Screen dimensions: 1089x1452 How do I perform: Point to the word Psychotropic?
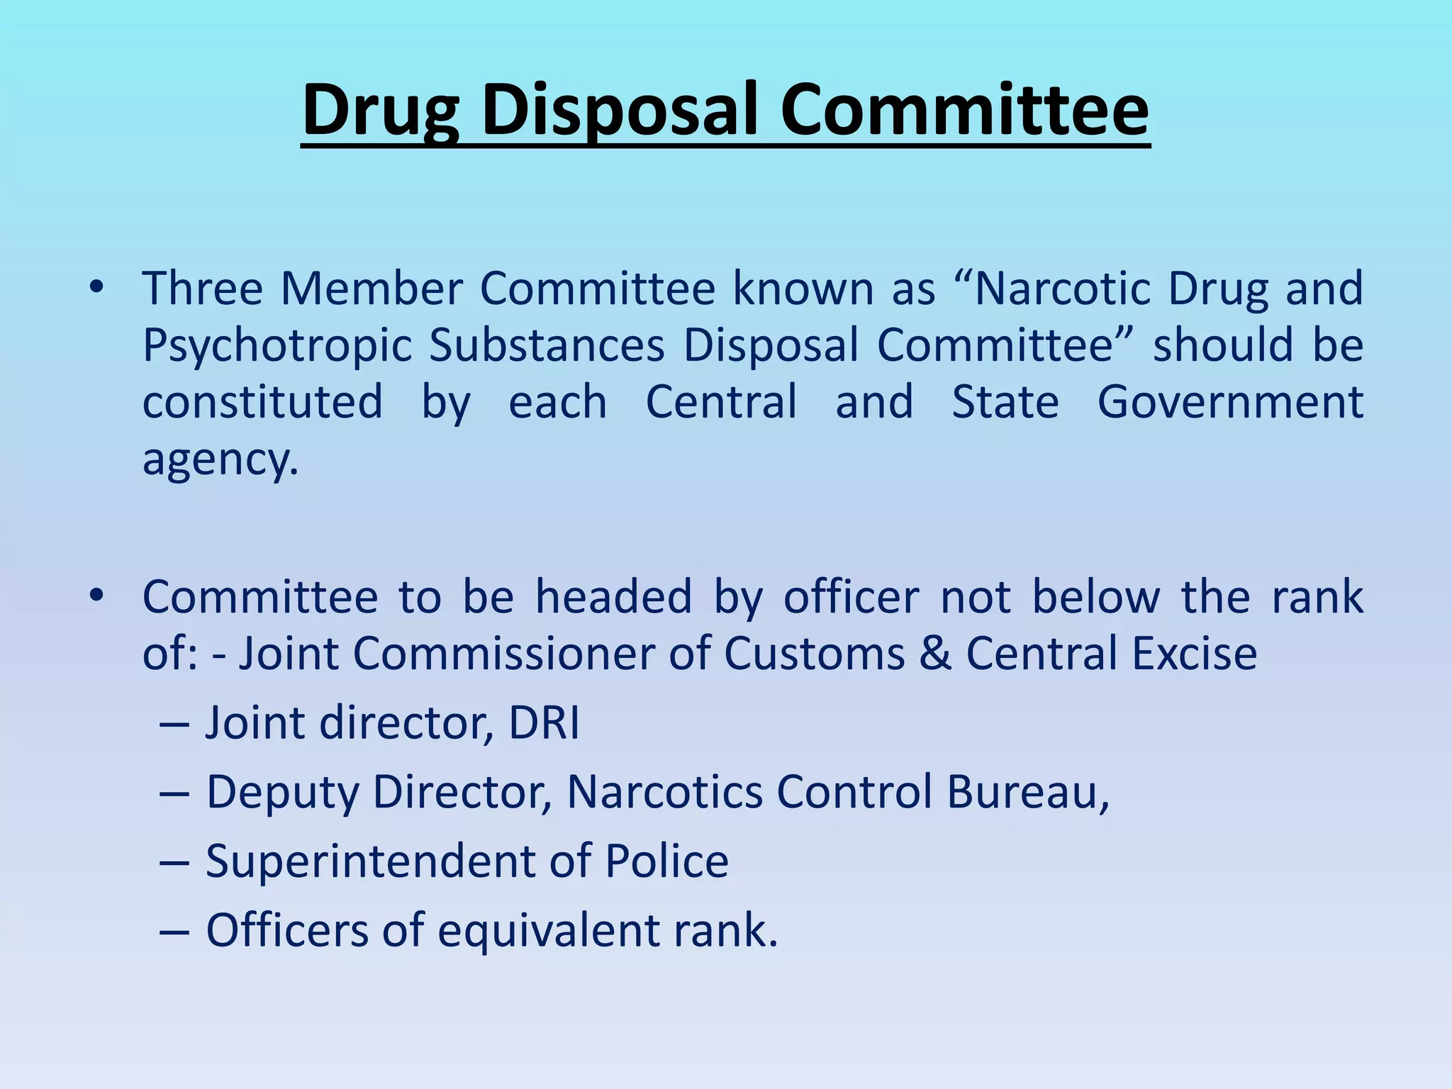[x=277, y=346]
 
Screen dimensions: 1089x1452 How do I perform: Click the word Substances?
[x=547, y=345]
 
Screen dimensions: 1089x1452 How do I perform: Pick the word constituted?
[x=262, y=402]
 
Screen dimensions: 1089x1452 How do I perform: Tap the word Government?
[x=1230, y=402]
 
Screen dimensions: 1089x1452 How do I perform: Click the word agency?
[x=220, y=459]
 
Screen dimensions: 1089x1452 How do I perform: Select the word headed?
[x=613, y=596]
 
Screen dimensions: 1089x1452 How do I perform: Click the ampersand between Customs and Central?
[x=935, y=653]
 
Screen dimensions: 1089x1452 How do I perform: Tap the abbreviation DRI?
[x=544, y=723]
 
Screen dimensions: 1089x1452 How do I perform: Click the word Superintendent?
[x=370, y=861]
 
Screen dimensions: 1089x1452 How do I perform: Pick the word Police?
[x=666, y=861]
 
